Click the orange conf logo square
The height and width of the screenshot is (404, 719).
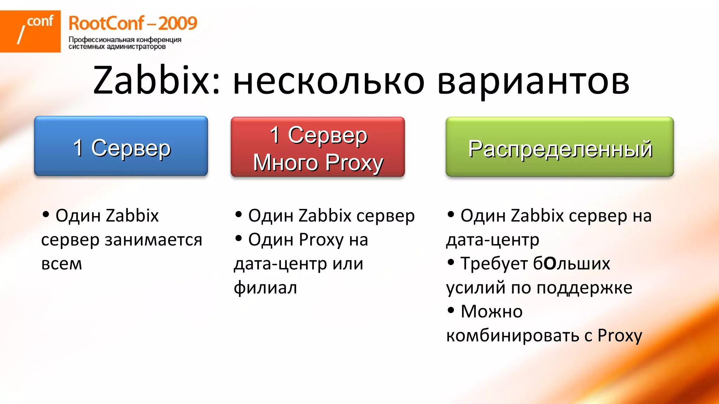coord(30,31)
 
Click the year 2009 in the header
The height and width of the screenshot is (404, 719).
coord(177,23)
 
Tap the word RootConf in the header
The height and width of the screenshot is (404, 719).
coord(106,23)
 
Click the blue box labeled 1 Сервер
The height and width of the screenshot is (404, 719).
coord(121,146)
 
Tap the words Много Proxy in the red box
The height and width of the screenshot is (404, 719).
coord(318,162)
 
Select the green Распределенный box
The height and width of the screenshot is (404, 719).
coord(560,147)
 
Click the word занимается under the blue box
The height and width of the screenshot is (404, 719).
coord(153,240)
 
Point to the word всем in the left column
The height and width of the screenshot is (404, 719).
coord(61,264)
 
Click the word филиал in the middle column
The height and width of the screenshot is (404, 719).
coord(265,288)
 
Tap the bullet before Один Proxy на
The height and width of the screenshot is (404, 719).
coord(239,238)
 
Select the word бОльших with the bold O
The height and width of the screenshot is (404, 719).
coord(572,264)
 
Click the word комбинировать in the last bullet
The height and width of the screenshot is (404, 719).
coord(513,336)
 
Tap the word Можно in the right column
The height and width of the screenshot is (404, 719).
coord(492,311)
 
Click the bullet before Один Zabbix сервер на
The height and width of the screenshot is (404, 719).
coord(451,214)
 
